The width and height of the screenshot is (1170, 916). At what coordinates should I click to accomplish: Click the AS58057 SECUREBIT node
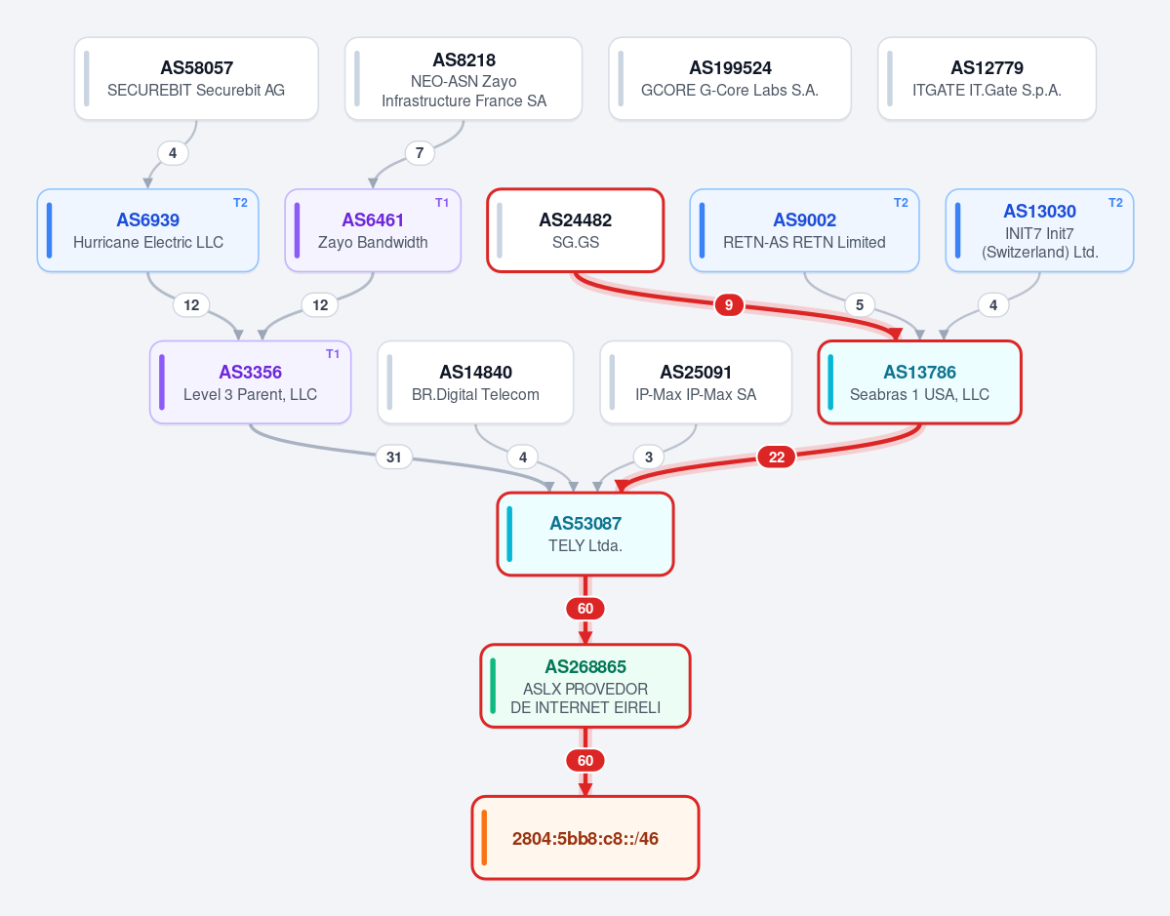(196, 78)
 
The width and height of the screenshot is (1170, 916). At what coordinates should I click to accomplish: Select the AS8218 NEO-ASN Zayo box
(464, 78)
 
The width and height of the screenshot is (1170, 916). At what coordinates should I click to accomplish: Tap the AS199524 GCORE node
(730, 78)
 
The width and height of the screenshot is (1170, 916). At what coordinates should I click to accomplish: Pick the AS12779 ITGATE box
(987, 78)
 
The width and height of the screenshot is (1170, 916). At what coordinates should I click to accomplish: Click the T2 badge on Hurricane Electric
(240, 203)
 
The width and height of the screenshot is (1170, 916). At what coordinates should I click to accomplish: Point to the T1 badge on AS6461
(442, 203)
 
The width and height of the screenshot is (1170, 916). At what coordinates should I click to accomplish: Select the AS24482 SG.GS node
(576, 230)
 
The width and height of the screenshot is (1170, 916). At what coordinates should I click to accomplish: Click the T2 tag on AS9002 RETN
(901, 203)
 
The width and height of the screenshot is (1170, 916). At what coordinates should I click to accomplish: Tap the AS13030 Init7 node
(1039, 230)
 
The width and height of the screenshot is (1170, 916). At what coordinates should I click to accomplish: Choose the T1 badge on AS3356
(333, 354)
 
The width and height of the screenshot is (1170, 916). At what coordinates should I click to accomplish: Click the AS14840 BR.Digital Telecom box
(475, 382)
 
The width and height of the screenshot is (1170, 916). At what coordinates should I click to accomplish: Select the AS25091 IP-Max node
(696, 382)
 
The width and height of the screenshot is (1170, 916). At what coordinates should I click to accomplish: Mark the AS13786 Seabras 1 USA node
(919, 382)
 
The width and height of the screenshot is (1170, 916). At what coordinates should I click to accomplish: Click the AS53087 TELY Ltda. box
(585, 534)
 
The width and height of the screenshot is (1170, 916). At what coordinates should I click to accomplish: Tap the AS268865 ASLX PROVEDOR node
(585, 686)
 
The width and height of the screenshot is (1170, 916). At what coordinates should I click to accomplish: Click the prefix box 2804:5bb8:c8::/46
(585, 838)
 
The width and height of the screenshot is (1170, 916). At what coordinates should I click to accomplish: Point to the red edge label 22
(777, 458)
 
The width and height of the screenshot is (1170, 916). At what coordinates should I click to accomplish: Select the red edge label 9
(729, 305)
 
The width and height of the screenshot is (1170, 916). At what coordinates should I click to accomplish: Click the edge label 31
(394, 458)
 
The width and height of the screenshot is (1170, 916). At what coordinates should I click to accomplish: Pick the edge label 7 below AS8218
(420, 153)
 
